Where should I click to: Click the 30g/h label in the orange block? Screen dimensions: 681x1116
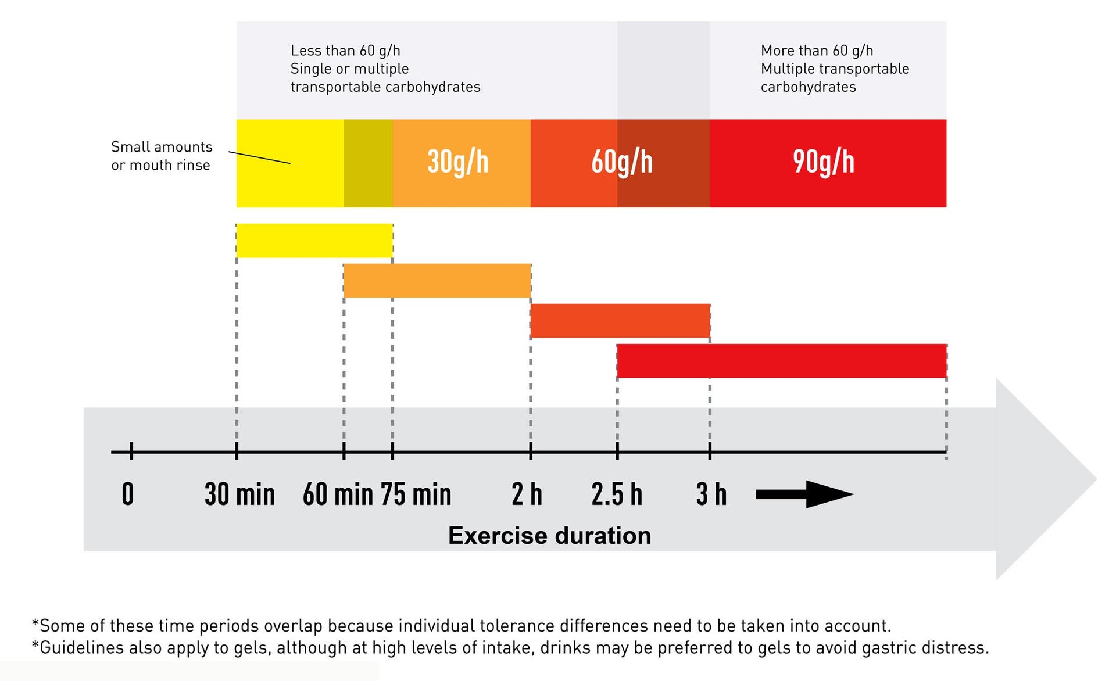point(457,162)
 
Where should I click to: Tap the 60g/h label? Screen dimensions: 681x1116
point(621,162)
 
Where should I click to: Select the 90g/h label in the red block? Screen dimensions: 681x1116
point(823,162)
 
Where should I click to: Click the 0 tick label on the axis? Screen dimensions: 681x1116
point(128,494)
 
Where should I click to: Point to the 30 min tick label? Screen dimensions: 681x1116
point(239,494)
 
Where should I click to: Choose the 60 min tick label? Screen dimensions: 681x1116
point(338,494)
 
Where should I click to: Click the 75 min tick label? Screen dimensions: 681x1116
point(416,494)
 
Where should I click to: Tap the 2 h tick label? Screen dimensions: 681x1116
point(527,494)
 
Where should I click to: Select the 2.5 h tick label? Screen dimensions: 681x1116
point(617,494)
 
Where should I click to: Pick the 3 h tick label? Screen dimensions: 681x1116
point(711,494)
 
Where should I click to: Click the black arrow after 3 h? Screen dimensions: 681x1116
point(804,494)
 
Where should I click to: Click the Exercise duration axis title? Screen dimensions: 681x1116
point(549,536)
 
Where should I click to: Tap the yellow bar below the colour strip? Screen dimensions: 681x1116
point(314,241)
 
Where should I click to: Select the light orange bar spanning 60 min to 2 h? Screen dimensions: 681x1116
point(437,281)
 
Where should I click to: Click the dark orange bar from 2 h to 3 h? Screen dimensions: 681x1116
point(620,321)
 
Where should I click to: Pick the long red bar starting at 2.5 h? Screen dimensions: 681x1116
point(782,361)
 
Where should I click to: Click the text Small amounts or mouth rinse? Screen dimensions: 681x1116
point(162,156)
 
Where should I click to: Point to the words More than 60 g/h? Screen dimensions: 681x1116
point(817,51)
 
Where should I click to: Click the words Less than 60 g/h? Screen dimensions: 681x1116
point(345,51)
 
